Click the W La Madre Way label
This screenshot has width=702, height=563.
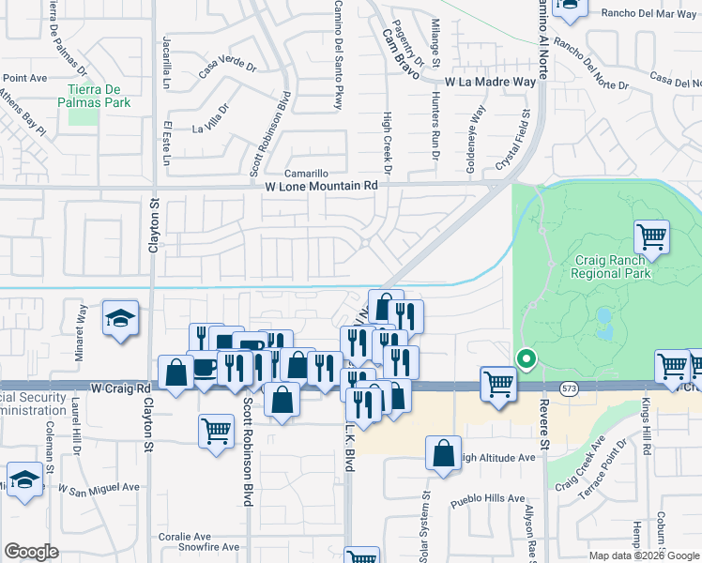(x=490, y=83)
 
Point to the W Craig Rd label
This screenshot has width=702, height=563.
(x=121, y=388)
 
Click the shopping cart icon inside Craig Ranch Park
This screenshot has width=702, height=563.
(x=651, y=236)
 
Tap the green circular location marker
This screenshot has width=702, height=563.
(x=526, y=358)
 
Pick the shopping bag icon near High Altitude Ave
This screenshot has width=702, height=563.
(x=443, y=452)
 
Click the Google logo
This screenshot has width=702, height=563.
(x=31, y=551)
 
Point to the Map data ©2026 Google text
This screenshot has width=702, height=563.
(x=643, y=555)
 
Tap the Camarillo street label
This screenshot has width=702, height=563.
(x=308, y=174)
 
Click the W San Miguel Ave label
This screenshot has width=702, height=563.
(x=99, y=488)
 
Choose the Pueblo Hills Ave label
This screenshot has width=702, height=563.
(x=486, y=498)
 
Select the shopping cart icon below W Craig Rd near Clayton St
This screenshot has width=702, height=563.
(x=216, y=431)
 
